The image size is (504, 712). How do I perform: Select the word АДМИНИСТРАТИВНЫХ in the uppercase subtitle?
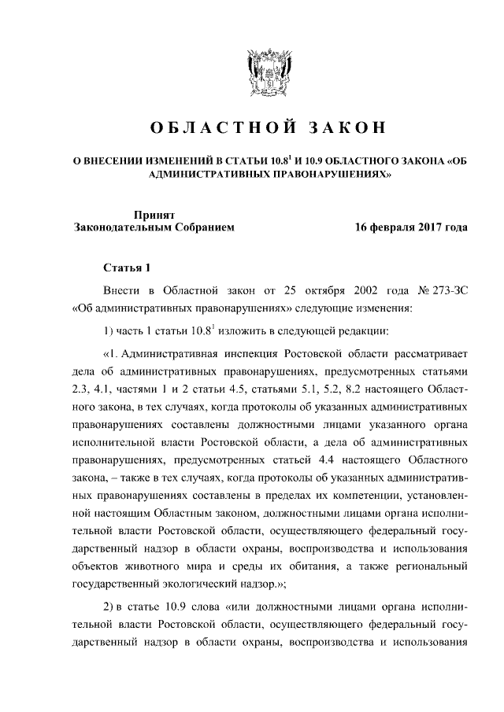coord(209,176)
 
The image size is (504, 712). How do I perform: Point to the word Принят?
coord(154,214)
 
